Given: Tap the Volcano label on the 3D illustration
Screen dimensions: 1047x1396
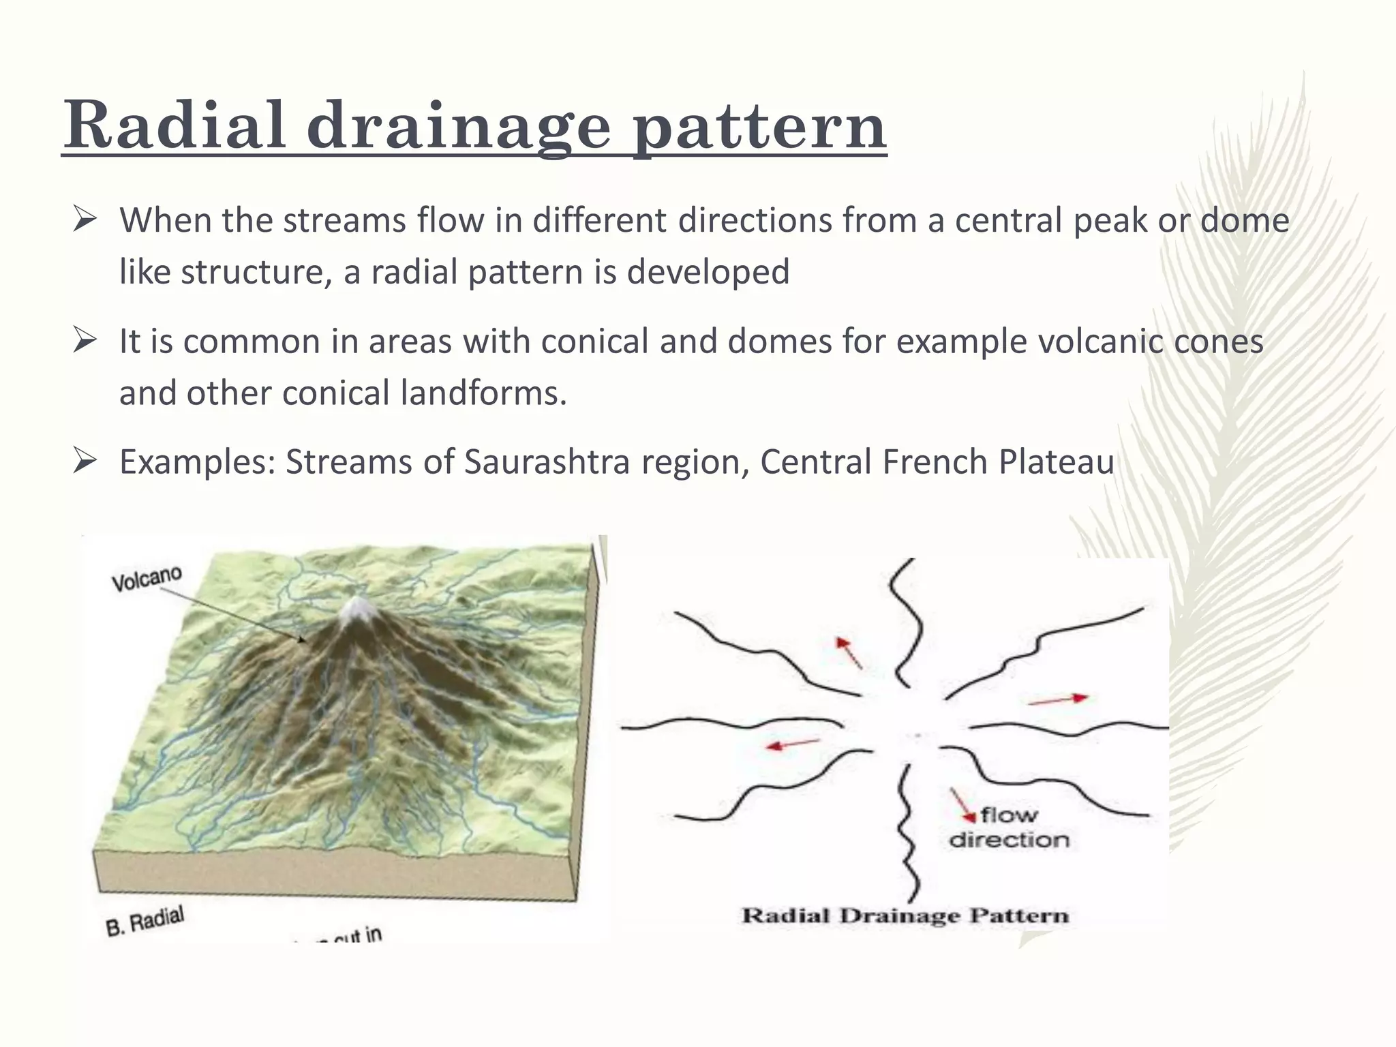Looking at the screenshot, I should click(147, 579).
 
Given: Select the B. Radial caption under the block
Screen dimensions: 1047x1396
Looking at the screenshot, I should click(145, 921).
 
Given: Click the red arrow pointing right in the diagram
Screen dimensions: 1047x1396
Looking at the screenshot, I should click(1058, 699).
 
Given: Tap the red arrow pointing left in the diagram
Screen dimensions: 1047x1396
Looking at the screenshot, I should click(793, 744).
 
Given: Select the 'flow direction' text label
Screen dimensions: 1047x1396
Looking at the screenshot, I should click(1009, 828).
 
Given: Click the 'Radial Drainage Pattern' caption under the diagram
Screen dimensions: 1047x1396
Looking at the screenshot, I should click(905, 915).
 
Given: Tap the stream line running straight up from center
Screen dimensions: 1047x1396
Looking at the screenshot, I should click(907, 620).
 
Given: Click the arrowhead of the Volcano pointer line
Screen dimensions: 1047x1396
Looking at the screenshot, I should click(302, 640).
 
